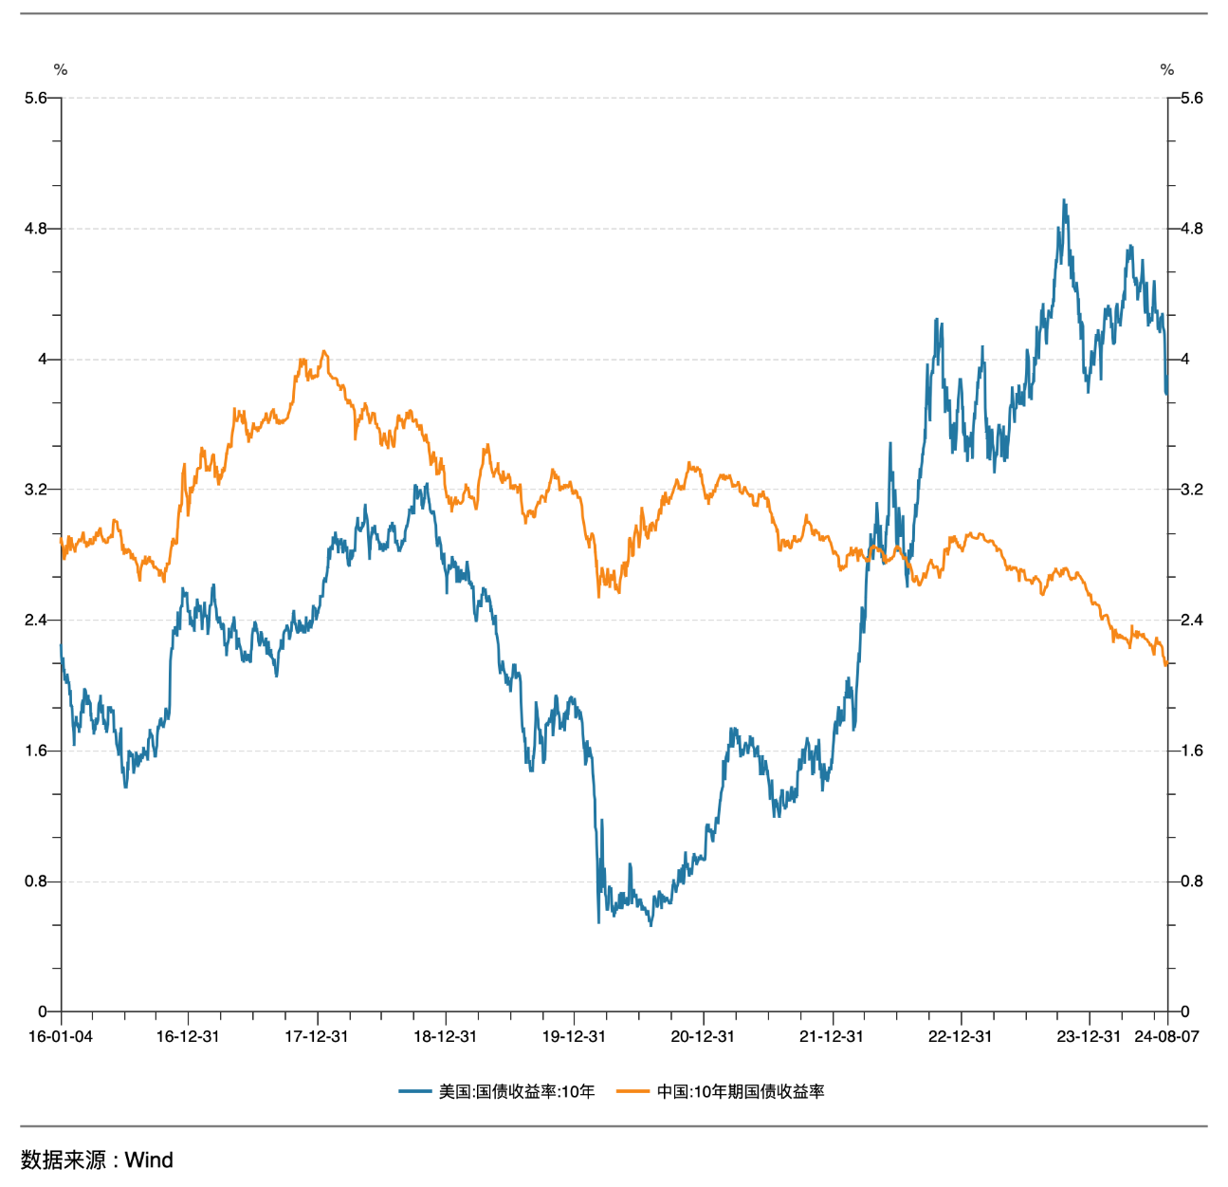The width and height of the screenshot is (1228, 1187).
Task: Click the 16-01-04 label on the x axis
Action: pyautogui.click(x=61, y=1036)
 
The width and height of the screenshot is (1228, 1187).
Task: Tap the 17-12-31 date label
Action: pyautogui.click(x=317, y=1036)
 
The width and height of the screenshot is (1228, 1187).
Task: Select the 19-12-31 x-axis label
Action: pyautogui.click(x=574, y=1036)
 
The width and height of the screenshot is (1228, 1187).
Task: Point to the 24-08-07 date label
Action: pyautogui.click(x=1166, y=1036)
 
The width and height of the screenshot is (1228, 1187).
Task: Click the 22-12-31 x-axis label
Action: pyautogui.click(x=960, y=1036)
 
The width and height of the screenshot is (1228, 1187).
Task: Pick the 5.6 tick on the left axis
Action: pyautogui.click(x=36, y=98)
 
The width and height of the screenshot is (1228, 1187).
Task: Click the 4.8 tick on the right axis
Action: pyautogui.click(x=1191, y=229)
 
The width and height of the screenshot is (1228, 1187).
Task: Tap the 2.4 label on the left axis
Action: pyautogui.click(x=36, y=621)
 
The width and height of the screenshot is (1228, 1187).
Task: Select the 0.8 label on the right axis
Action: pyautogui.click(x=1191, y=881)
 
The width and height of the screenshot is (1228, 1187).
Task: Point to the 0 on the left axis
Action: pyautogui.click(x=43, y=1011)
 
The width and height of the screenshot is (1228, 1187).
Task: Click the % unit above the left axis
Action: pyautogui.click(x=61, y=69)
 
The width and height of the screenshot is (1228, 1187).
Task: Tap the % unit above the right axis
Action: pyautogui.click(x=1167, y=69)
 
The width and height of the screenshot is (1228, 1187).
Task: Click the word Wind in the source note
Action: pyautogui.click(x=149, y=1159)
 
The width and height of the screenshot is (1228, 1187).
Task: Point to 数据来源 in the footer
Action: pyautogui.click(x=64, y=1159)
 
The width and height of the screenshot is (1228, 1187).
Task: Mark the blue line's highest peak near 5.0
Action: pyautogui.click(x=1064, y=200)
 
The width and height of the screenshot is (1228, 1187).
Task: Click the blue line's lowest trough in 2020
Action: pyautogui.click(x=651, y=925)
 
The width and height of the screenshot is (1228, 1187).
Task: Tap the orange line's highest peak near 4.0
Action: pyautogui.click(x=324, y=351)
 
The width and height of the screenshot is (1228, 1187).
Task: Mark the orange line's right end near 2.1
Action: pyautogui.click(x=1165, y=665)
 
